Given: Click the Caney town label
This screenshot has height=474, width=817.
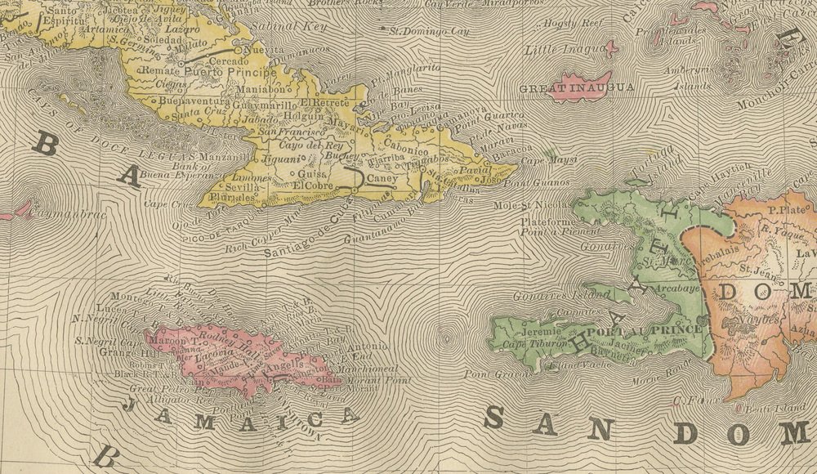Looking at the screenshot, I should point(382,177).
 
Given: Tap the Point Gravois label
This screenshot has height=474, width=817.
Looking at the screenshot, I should point(491,374).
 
